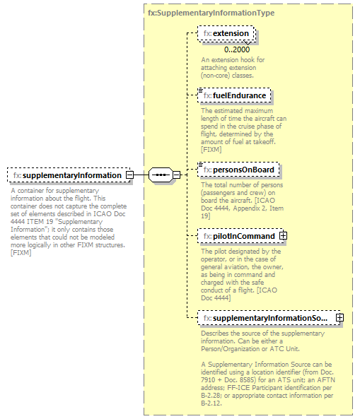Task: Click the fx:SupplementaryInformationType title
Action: [211, 13]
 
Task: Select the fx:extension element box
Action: [226, 33]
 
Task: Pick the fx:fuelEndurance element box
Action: [235, 95]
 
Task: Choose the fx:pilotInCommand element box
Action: [238, 235]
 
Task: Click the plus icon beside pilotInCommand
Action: [283, 235]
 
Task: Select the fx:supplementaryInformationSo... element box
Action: [265, 318]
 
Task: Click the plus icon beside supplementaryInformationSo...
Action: [339, 318]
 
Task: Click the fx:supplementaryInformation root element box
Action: [67, 175]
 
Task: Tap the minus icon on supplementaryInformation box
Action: [129, 175]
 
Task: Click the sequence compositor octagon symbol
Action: [161, 175]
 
